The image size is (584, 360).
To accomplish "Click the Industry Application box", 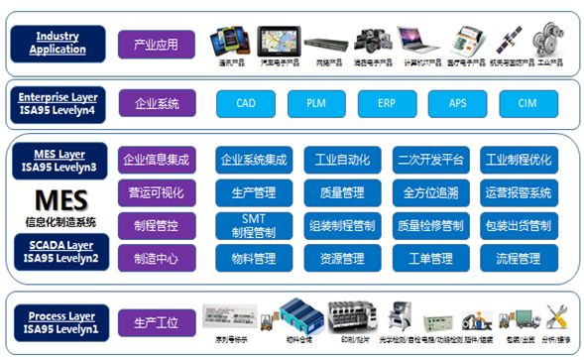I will tap(57, 43).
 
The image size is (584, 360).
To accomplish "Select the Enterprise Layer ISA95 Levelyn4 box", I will tap(58, 103).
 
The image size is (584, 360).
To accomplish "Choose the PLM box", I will tap(316, 103).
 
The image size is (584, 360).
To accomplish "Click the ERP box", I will tap(388, 103).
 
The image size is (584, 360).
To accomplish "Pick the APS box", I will tap(457, 103).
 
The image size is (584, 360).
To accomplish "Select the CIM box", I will tap(526, 103).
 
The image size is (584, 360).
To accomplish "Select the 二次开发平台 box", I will tap(429, 159).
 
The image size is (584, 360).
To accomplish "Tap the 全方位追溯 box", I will tap(429, 191).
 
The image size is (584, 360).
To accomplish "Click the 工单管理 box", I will tap(429, 259).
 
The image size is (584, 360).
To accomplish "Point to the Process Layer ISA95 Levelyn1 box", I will tap(58, 321).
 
